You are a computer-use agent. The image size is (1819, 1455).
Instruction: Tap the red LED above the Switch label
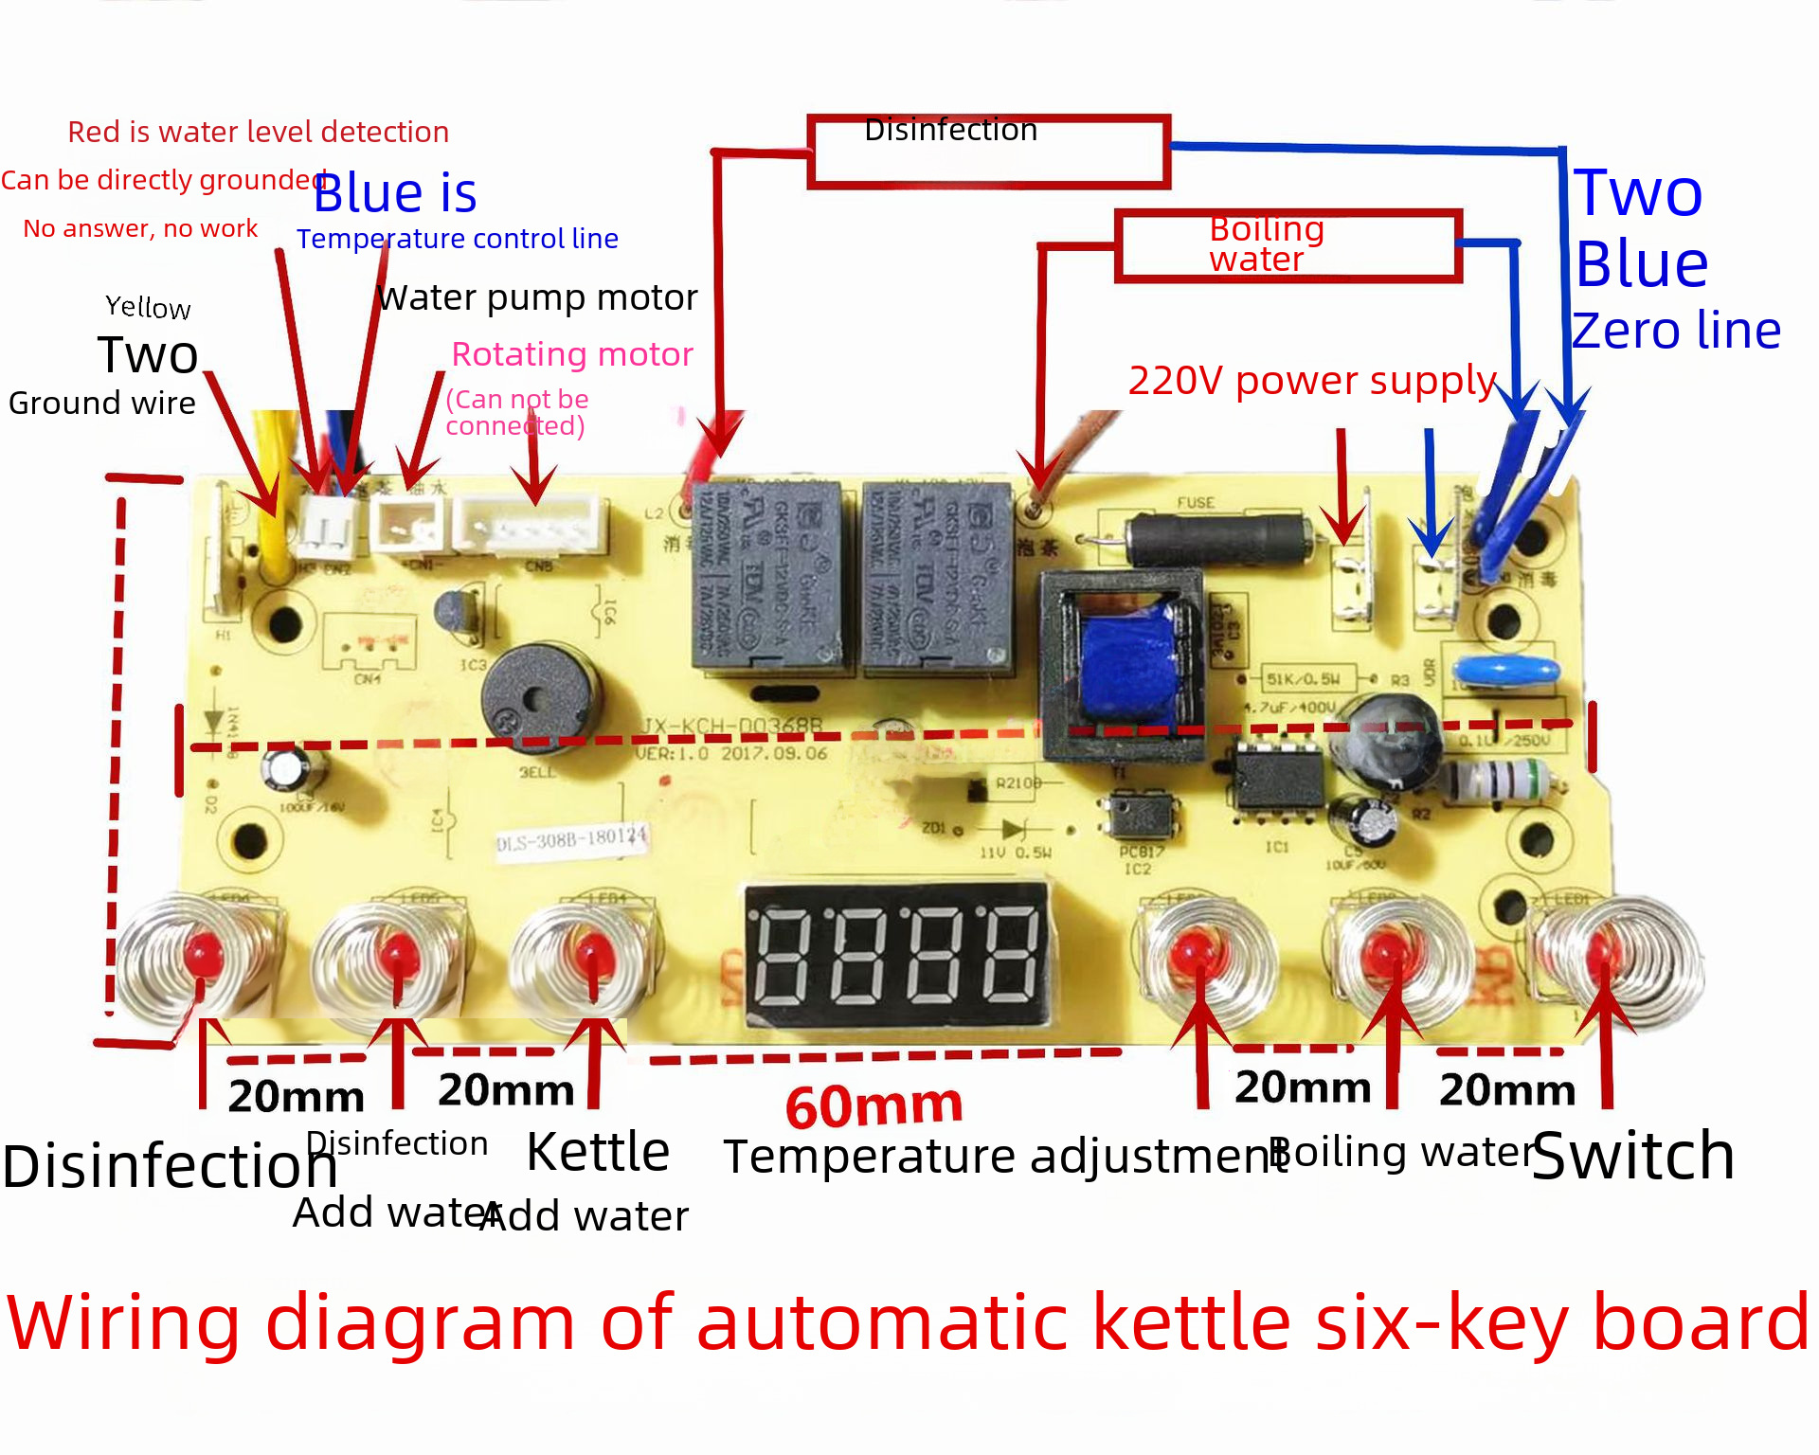tap(1603, 951)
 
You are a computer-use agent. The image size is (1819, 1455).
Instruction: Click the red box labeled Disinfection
tap(988, 152)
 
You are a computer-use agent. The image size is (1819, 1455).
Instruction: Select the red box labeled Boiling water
tap(1288, 245)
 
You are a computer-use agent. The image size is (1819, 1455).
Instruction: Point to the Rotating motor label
tap(572, 354)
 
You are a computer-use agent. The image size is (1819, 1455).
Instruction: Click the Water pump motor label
tap(537, 297)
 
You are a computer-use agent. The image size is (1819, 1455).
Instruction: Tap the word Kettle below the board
tap(598, 1152)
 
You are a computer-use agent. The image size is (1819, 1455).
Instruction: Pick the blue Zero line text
tap(1676, 331)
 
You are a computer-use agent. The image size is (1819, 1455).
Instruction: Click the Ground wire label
tap(102, 403)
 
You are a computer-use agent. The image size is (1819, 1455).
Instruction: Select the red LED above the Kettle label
tap(594, 952)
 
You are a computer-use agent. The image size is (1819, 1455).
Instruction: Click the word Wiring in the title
tap(123, 1322)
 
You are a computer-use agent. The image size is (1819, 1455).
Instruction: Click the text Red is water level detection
tap(258, 132)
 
